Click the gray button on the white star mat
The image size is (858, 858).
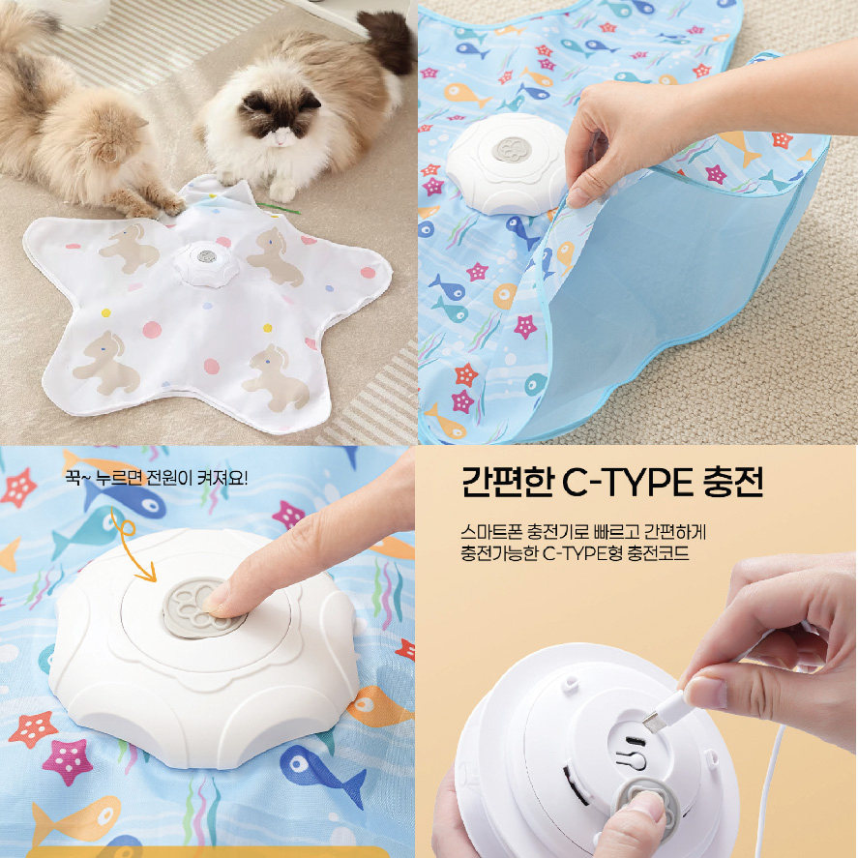tap(207, 256)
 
